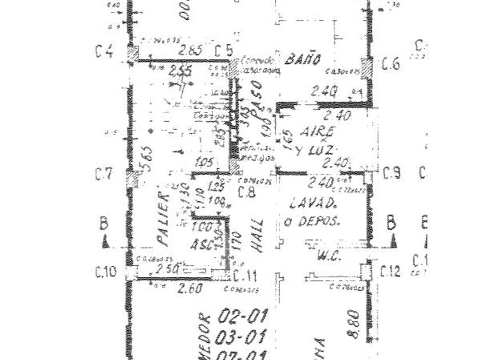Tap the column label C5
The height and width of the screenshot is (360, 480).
click(x=223, y=51)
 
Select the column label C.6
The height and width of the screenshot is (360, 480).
click(x=391, y=63)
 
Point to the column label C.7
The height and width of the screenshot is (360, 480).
click(x=104, y=175)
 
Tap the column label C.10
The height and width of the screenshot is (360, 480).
click(x=107, y=270)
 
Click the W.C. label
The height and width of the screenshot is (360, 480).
click(x=330, y=257)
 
